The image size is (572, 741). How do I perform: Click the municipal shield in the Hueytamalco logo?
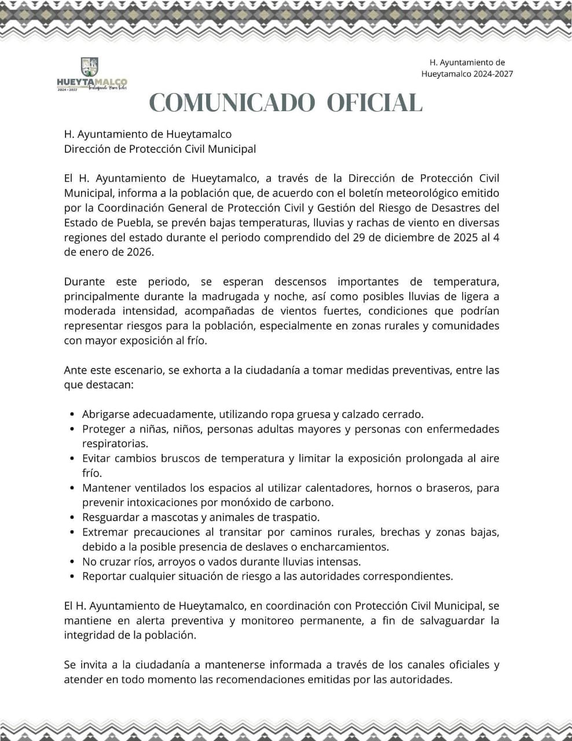[x=89, y=67]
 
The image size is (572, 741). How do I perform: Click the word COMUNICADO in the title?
[x=232, y=103]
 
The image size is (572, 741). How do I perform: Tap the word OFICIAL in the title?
[x=375, y=103]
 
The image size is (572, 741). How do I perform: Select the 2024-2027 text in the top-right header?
[x=493, y=74]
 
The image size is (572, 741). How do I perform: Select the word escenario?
[x=137, y=370]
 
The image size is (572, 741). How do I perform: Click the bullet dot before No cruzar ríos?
[x=71, y=562]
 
